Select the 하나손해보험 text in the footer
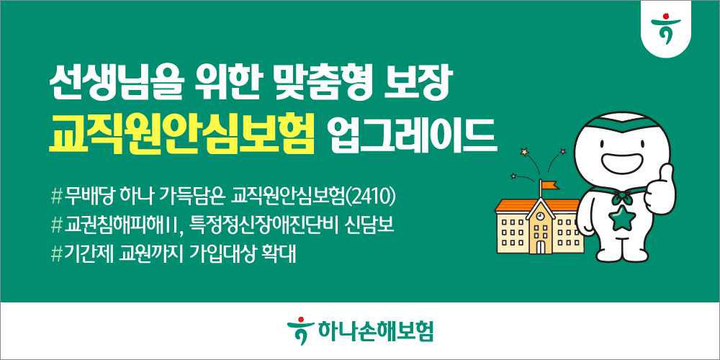(x=374, y=331)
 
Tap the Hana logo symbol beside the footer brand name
(x=300, y=330)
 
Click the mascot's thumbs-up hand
(x=662, y=189)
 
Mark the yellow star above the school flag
(x=524, y=151)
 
